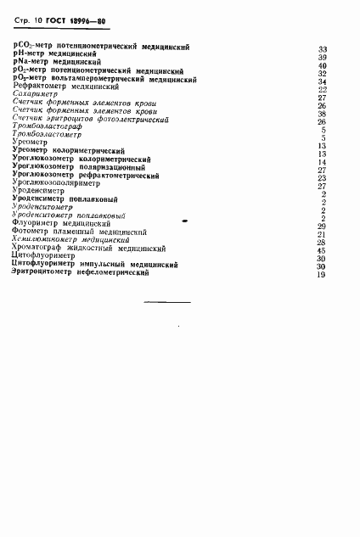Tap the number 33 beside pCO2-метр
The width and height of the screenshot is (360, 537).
point(322,49)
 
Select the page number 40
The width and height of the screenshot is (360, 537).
point(322,65)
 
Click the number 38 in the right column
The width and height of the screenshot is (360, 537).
point(322,114)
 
